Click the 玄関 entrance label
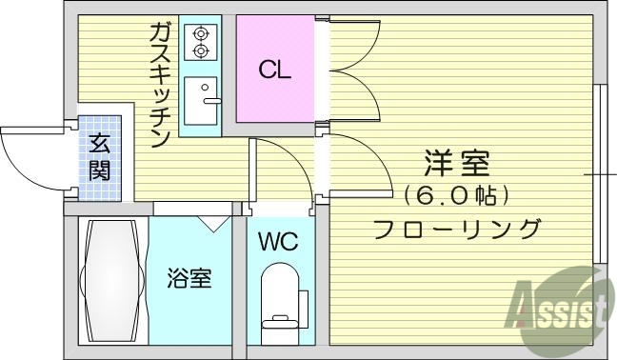[99, 158]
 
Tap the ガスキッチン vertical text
[159, 85]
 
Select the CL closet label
[274, 70]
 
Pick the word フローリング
[456, 229]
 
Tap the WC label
[277, 242]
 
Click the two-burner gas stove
[200, 40]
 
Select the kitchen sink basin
[201, 99]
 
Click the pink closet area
[274, 69]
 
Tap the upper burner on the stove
[200, 30]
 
